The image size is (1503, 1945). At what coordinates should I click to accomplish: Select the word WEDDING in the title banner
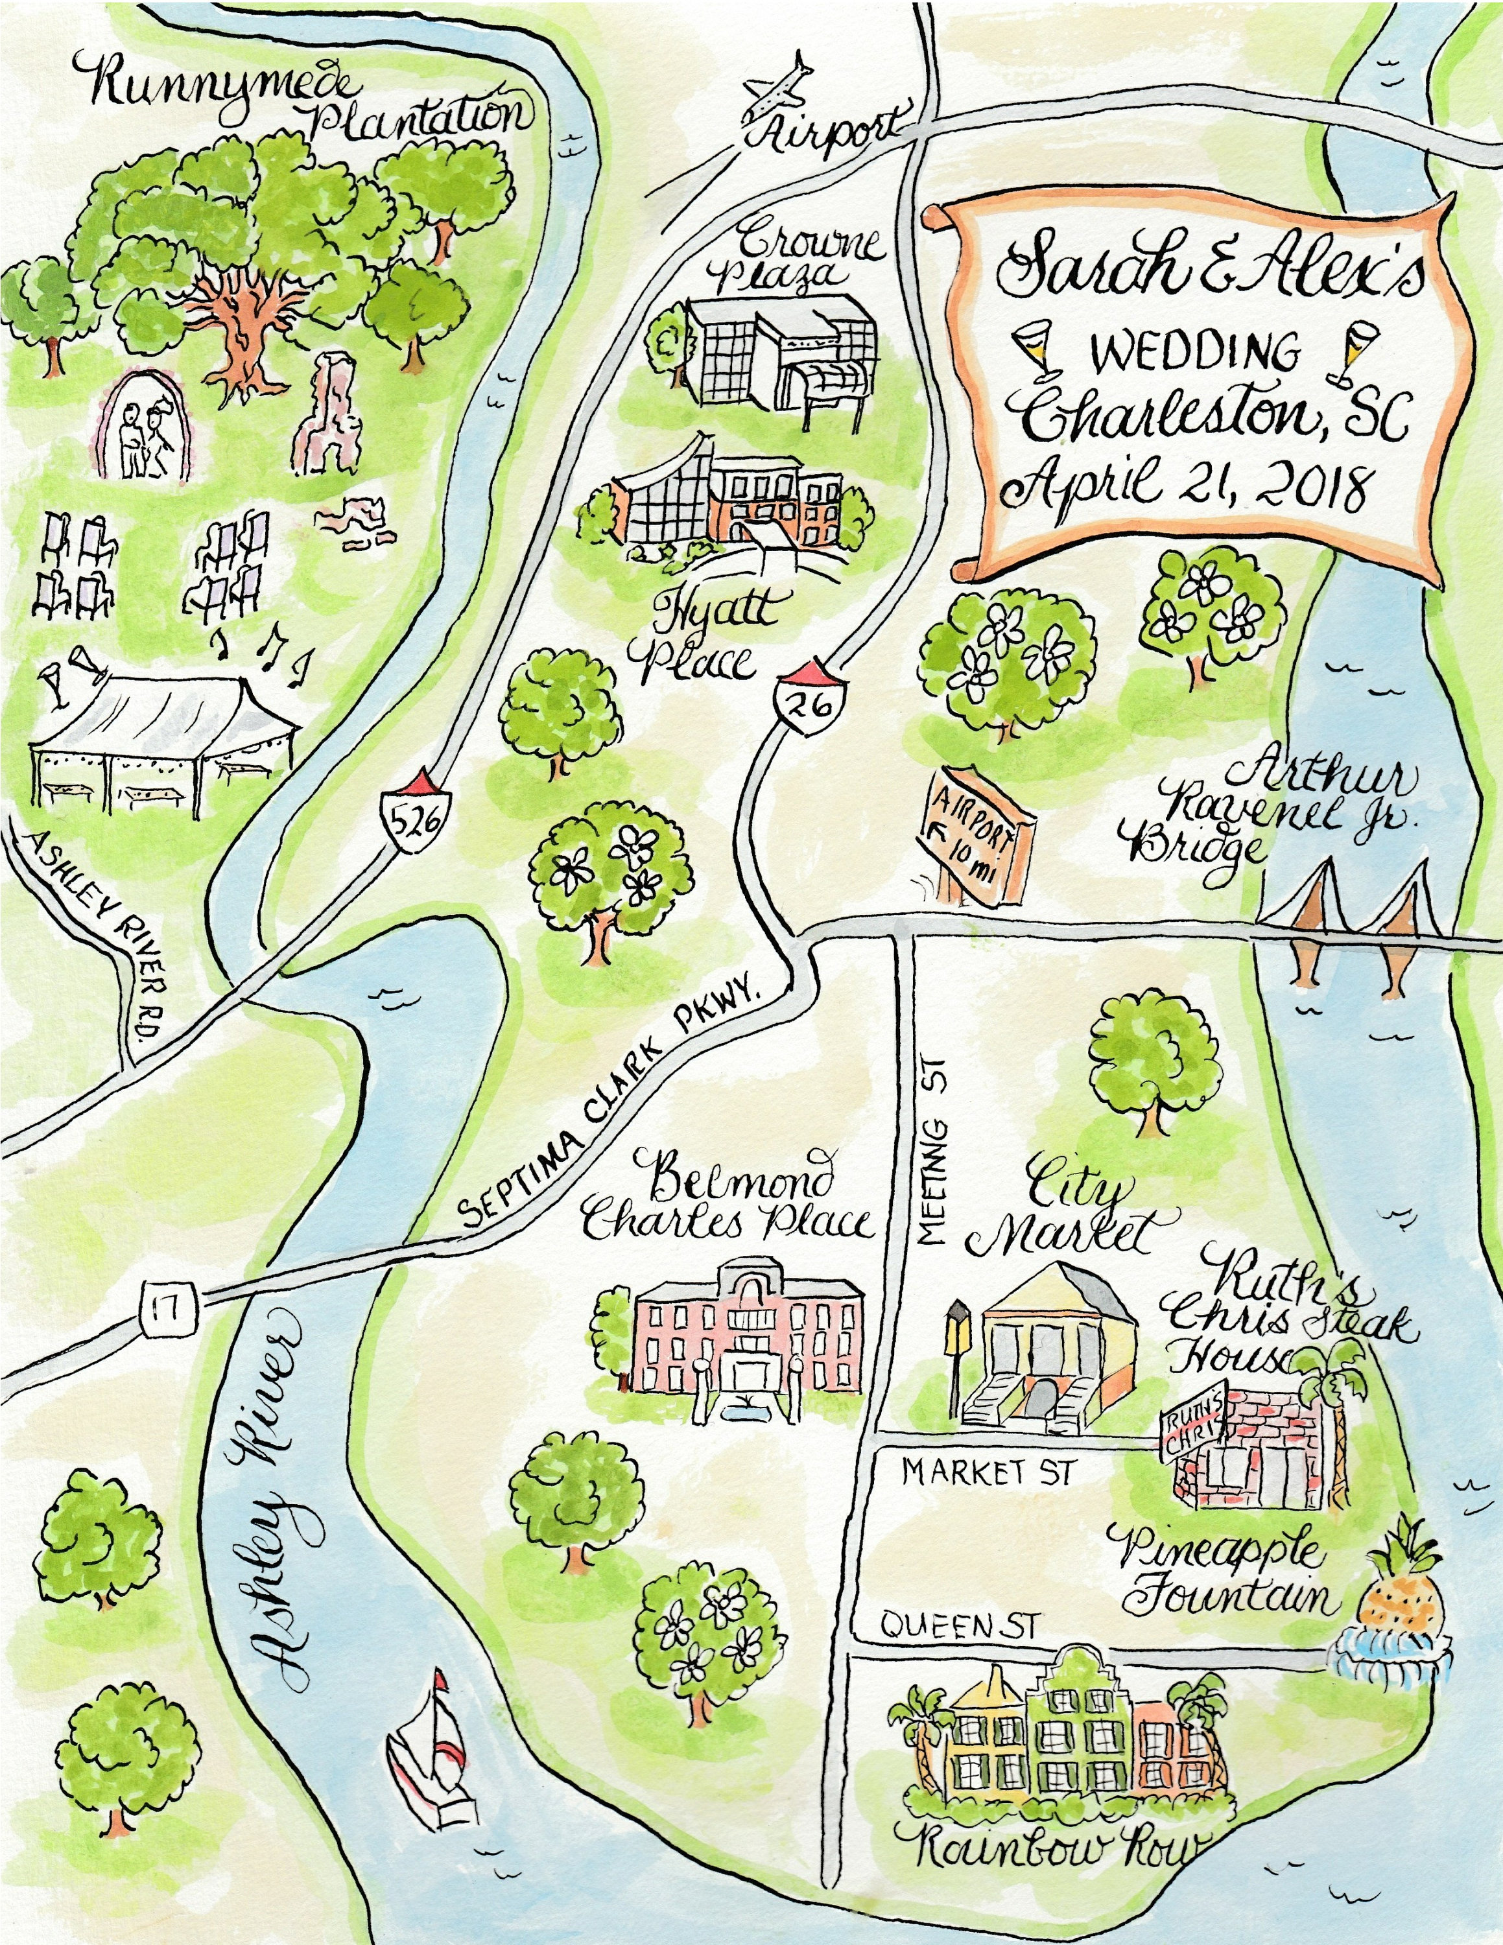coord(1195,353)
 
